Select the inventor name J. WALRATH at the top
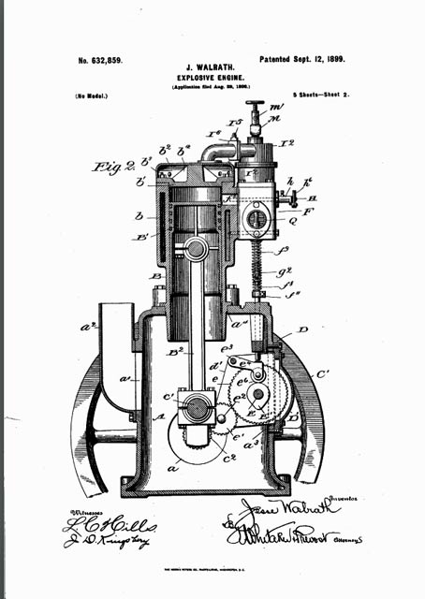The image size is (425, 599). point(214,68)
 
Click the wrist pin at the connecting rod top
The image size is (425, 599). point(196,248)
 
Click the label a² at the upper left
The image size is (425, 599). point(91,326)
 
